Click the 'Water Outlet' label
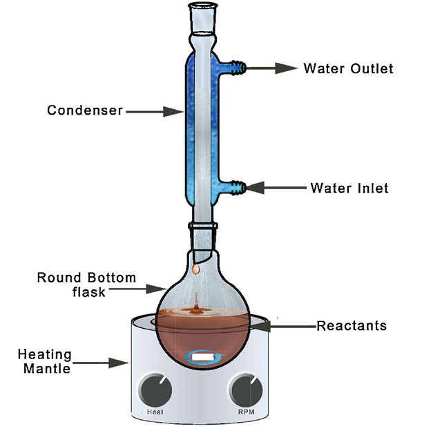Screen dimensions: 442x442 (348, 68)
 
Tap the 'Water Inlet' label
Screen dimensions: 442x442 (349, 187)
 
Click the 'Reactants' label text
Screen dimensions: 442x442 (352, 325)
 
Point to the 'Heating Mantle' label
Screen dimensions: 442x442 (45, 361)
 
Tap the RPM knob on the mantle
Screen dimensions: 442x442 (247, 392)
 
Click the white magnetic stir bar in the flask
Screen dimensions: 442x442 (203, 357)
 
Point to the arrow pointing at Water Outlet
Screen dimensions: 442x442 (272, 68)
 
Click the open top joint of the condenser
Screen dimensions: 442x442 (201, 15)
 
